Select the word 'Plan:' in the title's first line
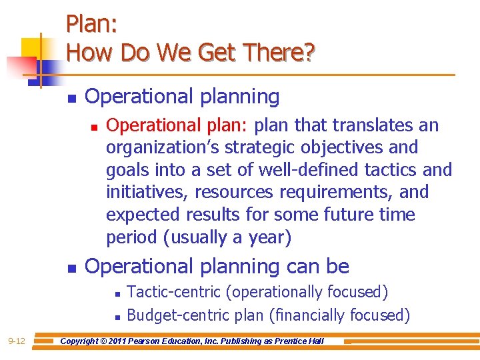click(x=92, y=25)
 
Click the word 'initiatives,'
click(x=143, y=193)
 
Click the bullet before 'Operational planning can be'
click(x=71, y=268)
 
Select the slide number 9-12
click(x=17, y=341)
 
